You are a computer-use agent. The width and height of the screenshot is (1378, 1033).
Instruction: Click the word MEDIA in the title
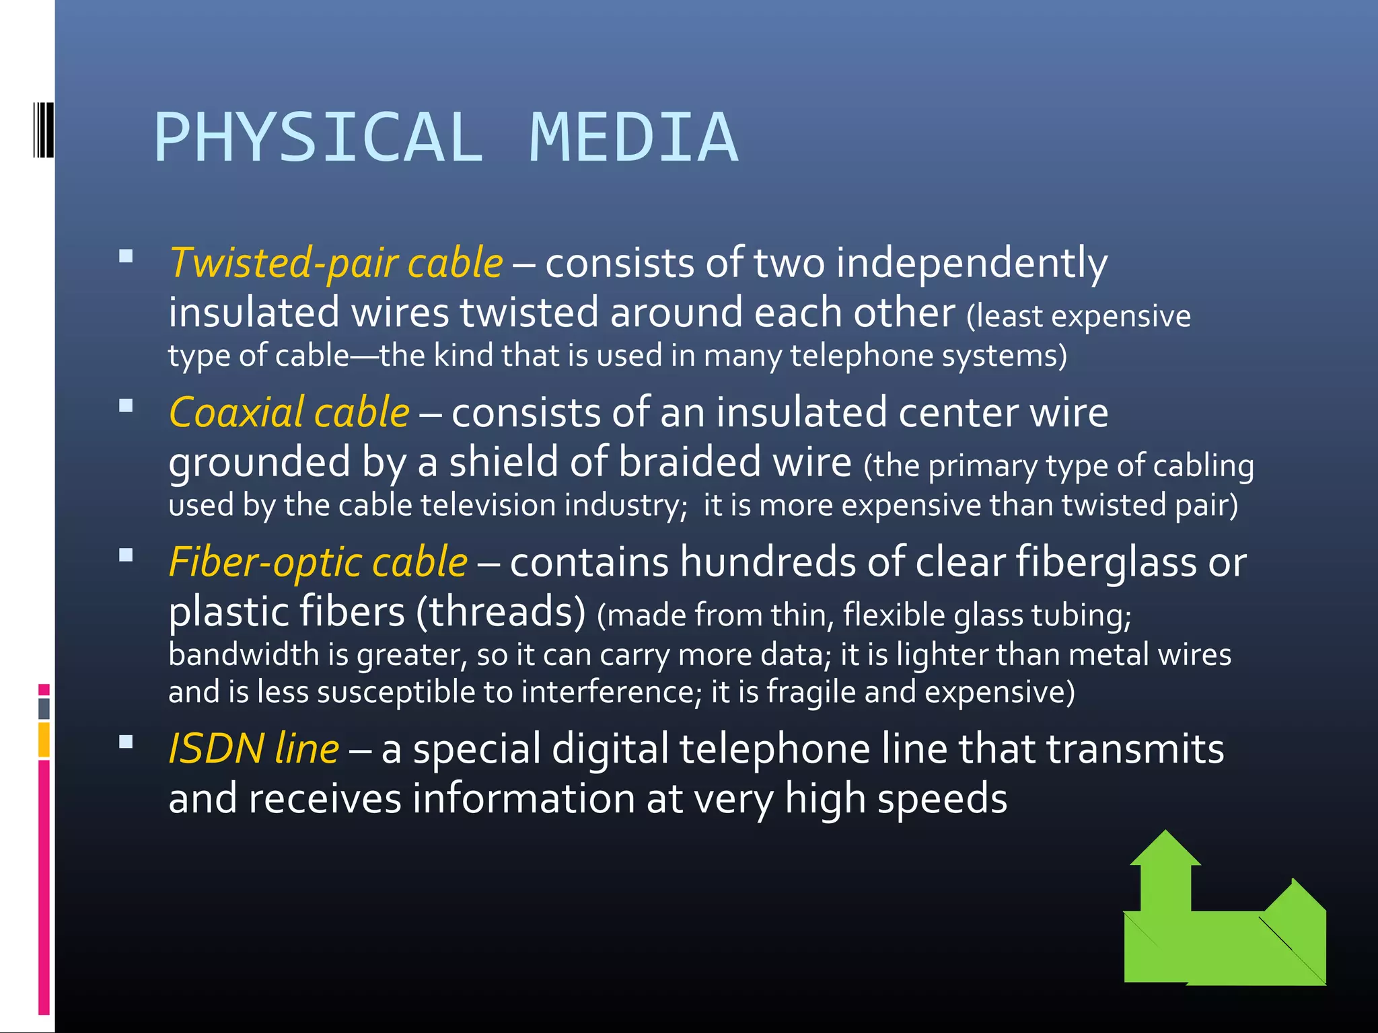tap(634, 138)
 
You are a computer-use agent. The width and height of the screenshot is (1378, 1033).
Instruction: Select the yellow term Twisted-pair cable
tap(336, 263)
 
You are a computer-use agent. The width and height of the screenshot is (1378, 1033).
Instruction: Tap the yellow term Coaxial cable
tap(289, 412)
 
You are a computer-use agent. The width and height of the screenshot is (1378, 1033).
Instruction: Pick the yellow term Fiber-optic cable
tap(318, 562)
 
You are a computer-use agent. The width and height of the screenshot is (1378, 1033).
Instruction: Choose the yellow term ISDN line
tap(254, 749)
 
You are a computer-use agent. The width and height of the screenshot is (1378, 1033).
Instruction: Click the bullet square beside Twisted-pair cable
tap(126, 256)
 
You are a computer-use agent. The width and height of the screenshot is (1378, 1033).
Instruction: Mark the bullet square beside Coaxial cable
tap(126, 406)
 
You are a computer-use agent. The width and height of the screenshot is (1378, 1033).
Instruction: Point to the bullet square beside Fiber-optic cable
tap(126, 556)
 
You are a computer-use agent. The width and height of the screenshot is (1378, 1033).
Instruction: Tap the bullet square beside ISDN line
tap(126, 742)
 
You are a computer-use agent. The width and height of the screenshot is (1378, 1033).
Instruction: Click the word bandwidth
tap(244, 654)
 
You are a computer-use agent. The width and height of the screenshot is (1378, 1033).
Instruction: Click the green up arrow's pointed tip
tap(1165, 834)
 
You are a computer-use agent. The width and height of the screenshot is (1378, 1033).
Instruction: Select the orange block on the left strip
tap(44, 739)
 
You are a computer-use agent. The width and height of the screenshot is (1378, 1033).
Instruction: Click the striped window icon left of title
tap(42, 130)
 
